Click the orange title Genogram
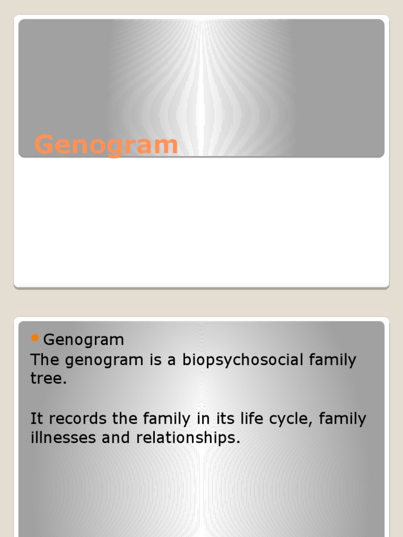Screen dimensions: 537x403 pos(106,144)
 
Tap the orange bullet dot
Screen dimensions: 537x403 pos(36,338)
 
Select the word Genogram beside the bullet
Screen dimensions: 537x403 pos(83,340)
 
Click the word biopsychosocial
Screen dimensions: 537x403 pos(243,361)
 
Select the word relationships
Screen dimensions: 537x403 pos(188,438)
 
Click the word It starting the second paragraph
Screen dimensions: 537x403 pos(35,419)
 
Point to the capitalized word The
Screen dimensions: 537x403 pos(45,360)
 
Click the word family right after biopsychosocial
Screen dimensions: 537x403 pos(332,360)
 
